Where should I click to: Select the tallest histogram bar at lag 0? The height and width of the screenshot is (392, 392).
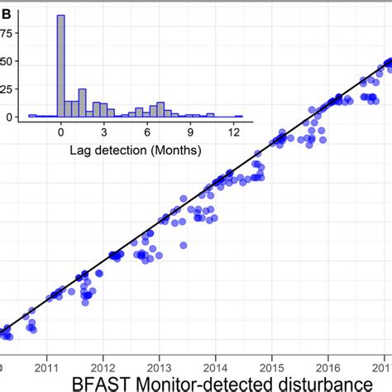[x=60, y=66]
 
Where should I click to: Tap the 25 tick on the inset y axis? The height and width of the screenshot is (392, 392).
[x=9, y=88]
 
